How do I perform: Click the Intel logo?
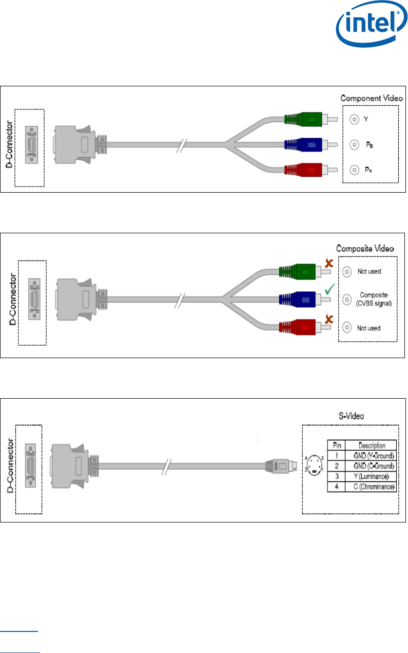pos(372,24)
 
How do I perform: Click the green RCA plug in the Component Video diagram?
pos(311,119)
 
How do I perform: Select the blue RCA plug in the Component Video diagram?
pos(311,144)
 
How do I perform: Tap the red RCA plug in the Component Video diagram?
pos(311,170)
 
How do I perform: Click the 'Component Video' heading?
pos(372,98)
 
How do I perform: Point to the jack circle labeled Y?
pos(354,119)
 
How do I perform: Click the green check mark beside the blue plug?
pos(329,289)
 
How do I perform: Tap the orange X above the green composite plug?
pos(329,263)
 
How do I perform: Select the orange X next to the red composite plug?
pos(329,319)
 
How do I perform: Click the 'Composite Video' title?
pos(365,248)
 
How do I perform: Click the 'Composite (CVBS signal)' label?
pos(374,299)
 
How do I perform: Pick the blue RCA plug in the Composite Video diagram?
pos(305,300)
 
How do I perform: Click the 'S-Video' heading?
pos(351,416)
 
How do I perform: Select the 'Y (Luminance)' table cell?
pos(371,476)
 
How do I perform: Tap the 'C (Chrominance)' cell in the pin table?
pos(371,487)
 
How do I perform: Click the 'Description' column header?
pos(372,445)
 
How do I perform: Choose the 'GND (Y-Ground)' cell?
pos(371,455)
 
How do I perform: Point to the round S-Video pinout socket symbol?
pos(315,465)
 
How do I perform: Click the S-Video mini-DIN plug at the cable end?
pos(281,466)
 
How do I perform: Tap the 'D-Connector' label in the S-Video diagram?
pos(10,465)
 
